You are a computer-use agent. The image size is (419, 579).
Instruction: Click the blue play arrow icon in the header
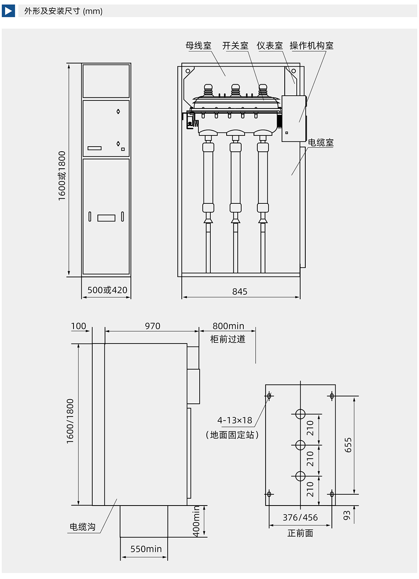tap(8, 11)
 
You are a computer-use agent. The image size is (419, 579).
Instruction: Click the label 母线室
tap(198, 45)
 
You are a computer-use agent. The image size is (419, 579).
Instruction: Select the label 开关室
tap(235, 45)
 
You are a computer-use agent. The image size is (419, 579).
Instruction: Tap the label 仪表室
tap(270, 45)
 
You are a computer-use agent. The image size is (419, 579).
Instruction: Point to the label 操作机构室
tap(312, 45)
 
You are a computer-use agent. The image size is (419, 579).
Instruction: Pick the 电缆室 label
tap(321, 142)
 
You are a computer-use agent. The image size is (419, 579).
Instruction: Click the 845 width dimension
tap(240, 291)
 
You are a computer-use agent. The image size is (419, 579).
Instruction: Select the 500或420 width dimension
tap(107, 290)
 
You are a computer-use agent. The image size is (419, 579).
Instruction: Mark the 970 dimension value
tap(153, 326)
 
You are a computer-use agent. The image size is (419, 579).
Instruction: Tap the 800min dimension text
tap(228, 326)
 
